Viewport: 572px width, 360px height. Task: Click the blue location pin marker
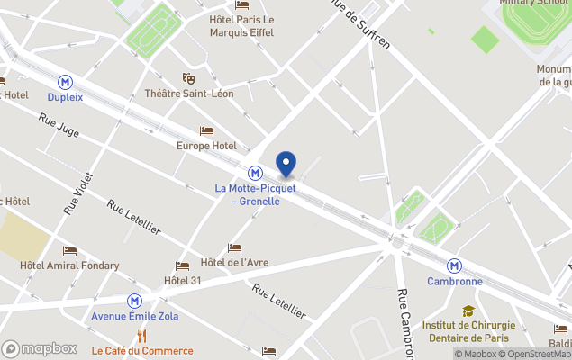coord(286,164)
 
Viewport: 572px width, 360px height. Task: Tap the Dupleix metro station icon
coord(65,81)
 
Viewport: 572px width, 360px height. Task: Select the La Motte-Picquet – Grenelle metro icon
coord(256,172)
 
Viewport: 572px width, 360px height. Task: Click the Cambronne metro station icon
coord(455,265)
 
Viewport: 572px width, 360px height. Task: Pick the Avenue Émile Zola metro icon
coord(134,301)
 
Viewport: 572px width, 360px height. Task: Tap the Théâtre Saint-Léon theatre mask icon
coord(188,78)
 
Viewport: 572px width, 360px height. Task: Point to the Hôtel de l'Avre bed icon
coord(234,247)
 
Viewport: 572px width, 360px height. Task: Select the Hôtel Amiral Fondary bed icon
coord(69,250)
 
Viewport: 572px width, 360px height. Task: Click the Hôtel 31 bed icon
coord(183,265)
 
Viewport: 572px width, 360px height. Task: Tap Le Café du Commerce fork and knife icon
coord(141,337)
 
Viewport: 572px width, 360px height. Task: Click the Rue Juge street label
coord(59,125)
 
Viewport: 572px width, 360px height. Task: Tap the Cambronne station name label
coord(455,281)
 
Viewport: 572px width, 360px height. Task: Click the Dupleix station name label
coord(65,96)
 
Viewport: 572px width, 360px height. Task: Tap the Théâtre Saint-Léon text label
coord(189,94)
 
